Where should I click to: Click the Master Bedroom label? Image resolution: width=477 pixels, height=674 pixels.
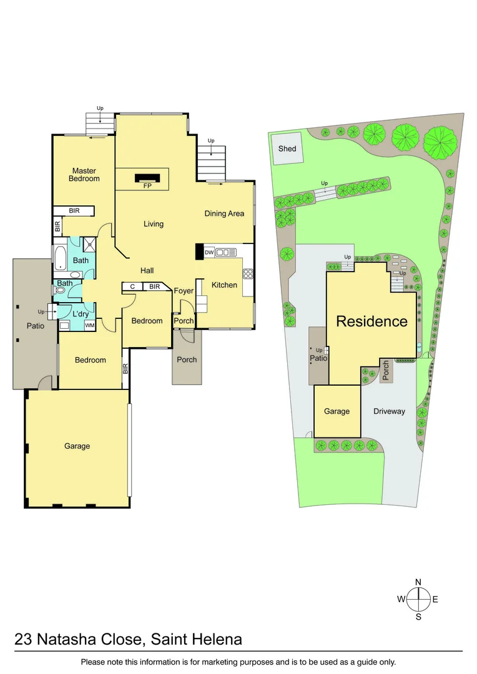(x=84, y=175)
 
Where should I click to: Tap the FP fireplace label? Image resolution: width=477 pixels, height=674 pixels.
(x=148, y=186)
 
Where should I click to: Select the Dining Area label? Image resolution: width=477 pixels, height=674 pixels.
(x=224, y=213)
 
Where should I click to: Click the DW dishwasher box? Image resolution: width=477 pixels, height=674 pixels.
(x=209, y=252)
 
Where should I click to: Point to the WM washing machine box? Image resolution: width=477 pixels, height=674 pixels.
(x=90, y=325)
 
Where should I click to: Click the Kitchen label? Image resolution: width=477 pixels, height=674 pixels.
(x=224, y=285)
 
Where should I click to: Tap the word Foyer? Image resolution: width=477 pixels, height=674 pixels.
(x=184, y=291)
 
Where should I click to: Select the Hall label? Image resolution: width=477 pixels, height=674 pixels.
(x=147, y=270)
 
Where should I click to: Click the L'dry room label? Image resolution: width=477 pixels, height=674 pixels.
(x=81, y=314)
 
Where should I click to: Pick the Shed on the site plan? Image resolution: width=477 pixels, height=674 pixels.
(x=287, y=149)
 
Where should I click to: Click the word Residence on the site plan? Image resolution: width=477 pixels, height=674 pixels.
(x=371, y=321)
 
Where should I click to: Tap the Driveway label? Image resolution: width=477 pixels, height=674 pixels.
(x=389, y=411)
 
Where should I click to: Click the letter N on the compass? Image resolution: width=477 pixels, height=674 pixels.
(x=418, y=582)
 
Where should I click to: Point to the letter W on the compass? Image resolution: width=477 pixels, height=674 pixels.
(x=401, y=600)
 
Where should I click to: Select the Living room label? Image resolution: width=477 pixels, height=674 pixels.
(x=153, y=224)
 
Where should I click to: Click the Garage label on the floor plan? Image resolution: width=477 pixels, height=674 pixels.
(x=77, y=446)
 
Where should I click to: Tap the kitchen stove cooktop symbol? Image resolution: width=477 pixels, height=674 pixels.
(x=248, y=274)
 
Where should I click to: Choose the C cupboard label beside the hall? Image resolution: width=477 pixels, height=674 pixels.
(x=132, y=286)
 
